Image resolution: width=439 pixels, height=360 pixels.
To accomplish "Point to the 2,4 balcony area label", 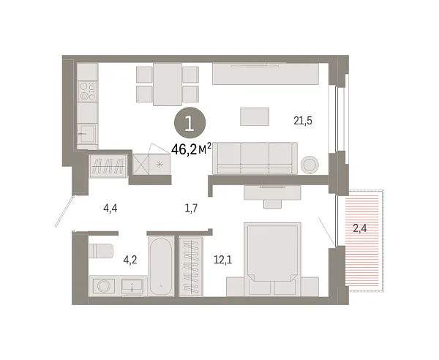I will pos(360,228).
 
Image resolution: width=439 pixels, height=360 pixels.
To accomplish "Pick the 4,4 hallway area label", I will pos(110,209).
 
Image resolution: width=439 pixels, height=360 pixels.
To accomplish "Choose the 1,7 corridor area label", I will pos(191,209).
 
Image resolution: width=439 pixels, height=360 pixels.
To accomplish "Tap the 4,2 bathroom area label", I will pos(130,258).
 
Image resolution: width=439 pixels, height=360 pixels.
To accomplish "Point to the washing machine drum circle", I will pos(102,285).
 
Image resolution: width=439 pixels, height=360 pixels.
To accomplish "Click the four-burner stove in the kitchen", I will pos(89,91).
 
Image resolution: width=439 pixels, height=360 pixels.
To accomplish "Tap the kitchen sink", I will pos(87,134).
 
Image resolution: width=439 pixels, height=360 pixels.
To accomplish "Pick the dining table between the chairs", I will pos(168,83).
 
